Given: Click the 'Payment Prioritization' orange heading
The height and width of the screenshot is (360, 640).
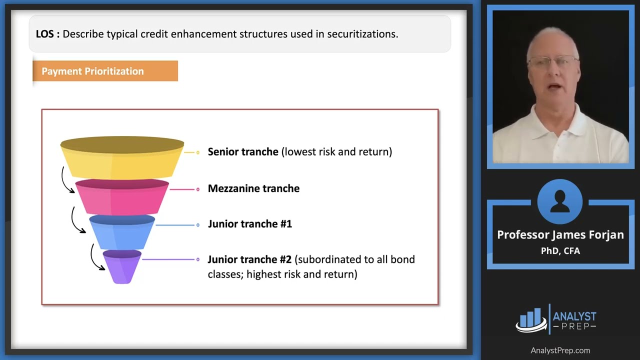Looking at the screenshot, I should click(92, 71).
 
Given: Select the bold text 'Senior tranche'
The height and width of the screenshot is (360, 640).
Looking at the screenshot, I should click(243, 151).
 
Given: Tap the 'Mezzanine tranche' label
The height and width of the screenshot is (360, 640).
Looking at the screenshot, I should click(253, 188).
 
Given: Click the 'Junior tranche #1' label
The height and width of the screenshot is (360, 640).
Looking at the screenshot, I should click(249, 224).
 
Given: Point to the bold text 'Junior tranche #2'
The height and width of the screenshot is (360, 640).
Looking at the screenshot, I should click(249, 259).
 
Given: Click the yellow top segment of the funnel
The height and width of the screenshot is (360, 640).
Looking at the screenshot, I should click(122, 160).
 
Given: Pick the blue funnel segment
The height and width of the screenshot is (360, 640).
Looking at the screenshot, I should click(122, 233).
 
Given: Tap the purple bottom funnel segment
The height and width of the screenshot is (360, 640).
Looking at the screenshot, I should click(122, 267).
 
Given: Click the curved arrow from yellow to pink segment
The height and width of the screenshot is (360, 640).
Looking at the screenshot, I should click(65, 180).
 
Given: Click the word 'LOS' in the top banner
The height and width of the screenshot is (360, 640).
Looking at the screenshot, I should click(46, 34).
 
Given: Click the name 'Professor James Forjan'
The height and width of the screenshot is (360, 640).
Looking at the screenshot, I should click(560, 235).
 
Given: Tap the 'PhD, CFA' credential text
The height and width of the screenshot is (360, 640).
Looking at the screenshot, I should click(560, 250).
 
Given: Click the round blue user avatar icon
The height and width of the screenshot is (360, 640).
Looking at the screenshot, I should click(559, 202).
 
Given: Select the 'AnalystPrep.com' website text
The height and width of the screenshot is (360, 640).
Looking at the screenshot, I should click(560, 350).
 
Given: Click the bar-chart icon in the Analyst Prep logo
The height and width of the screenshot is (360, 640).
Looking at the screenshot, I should click(530, 319).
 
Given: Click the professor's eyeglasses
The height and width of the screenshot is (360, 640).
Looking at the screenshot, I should click(552, 61).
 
